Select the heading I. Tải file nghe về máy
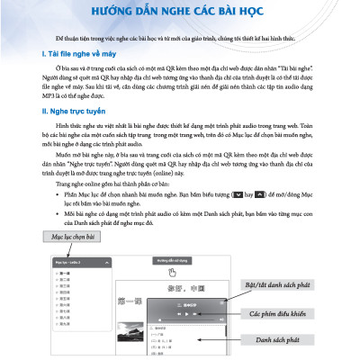click(x=85, y=55)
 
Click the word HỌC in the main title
click(x=249, y=12)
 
